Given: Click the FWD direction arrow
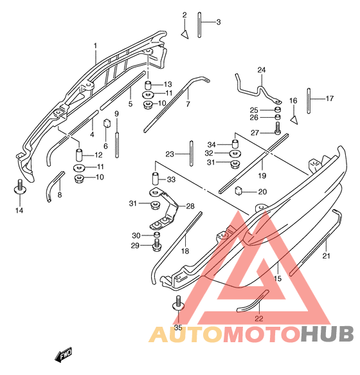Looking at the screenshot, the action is click(x=64, y=354).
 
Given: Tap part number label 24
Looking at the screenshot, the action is click(x=261, y=70).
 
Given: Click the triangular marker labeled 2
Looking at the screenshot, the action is click(x=184, y=35).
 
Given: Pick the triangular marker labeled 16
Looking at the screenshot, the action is click(x=294, y=120).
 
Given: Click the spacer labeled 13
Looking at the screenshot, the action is click(x=148, y=85).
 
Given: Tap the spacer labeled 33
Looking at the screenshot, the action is click(x=156, y=179).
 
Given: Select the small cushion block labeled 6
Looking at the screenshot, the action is click(x=107, y=123).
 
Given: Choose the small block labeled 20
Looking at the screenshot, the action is click(x=239, y=190).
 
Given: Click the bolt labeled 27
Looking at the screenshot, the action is click(x=277, y=128).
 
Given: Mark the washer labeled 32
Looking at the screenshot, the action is click(x=235, y=153).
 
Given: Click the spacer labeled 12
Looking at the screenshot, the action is click(x=79, y=155).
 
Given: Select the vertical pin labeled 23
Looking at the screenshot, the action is click(x=191, y=153).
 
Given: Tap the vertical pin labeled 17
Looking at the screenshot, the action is click(x=309, y=101).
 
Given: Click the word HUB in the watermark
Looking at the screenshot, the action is click(x=327, y=334).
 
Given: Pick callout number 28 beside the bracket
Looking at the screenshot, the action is click(x=190, y=206).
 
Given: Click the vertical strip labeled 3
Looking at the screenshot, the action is click(x=199, y=25).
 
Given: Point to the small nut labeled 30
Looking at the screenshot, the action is click(x=156, y=234).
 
